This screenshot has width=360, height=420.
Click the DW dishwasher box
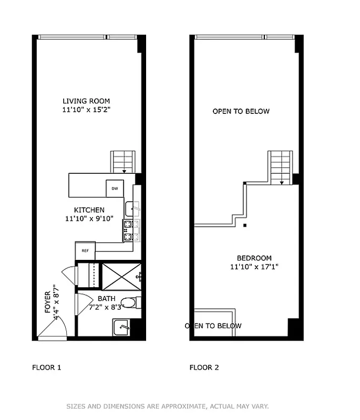click(x=115, y=188)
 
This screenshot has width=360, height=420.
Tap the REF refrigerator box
click(x=85, y=250)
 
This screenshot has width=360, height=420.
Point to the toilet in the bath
click(x=129, y=302)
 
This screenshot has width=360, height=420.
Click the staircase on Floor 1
click(x=122, y=162)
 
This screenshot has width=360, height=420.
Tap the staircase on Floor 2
click(x=280, y=167)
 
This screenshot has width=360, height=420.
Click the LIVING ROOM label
click(x=86, y=101)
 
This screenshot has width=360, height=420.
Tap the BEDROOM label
click(x=254, y=258)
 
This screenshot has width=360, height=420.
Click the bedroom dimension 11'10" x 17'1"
click(x=254, y=267)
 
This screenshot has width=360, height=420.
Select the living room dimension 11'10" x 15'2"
click(x=86, y=110)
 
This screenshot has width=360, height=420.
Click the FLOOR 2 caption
click(x=204, y=367)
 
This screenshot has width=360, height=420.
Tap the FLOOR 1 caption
click(x=47, y=367)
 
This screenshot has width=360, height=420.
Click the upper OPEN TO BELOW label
click(x=241, y=111)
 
